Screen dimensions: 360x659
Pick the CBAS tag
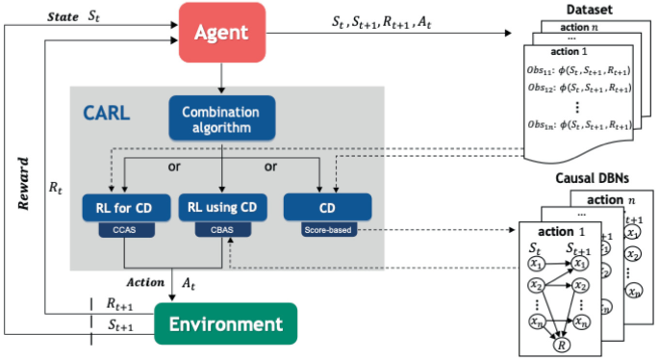point(222,231)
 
